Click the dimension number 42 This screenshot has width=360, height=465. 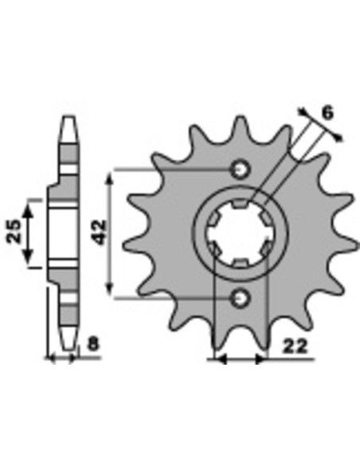[100, 232]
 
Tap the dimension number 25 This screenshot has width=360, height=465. [15, 232]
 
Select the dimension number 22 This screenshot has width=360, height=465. [294, 346]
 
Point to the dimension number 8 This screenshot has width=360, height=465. [93, 344]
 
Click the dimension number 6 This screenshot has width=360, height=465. [327, 113]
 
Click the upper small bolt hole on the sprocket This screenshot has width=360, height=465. [241, 170]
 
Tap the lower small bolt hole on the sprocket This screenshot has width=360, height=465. [241, 298]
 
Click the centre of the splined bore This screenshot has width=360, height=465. [240, 233]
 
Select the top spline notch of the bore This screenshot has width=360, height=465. [240, 203]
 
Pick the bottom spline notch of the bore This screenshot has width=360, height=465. [241, 264]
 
